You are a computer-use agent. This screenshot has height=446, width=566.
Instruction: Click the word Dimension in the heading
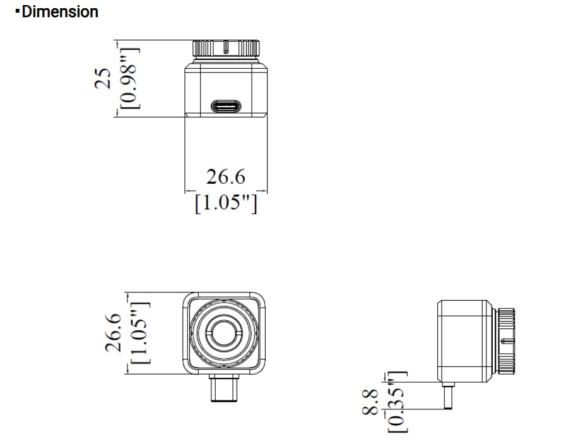tap(60, 11)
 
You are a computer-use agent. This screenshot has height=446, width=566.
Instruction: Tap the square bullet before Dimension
tap(17, 11)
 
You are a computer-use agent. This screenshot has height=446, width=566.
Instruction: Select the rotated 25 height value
tap(102, 78)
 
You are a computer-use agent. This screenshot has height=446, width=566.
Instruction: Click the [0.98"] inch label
tap(130, 78)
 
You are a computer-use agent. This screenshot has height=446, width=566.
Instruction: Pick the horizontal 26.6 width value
tap(226, 177)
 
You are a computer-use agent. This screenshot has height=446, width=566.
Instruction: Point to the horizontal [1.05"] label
tap(226, 203)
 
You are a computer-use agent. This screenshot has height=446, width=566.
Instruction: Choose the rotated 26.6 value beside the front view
tap(113, 332)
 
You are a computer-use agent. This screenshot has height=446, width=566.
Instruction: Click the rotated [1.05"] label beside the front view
tap(140, 333)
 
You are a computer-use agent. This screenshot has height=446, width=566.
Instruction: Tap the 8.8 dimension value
tap(370, 402)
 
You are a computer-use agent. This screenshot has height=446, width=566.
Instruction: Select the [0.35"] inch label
tap(398, 402)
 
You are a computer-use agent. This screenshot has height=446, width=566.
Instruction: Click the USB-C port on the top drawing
tap(226, 107)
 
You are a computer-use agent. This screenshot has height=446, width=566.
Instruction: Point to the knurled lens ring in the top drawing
tap(226, 49)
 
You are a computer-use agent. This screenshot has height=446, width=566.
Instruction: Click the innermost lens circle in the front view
tap(223, 333)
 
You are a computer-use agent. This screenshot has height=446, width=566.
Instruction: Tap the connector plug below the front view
tap(224, 388)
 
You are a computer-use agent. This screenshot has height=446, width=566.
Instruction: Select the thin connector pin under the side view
tap(448, 396)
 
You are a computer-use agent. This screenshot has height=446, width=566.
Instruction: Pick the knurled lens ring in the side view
tap(506, 341)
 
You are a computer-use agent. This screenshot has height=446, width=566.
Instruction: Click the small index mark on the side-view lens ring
tap(507, 341)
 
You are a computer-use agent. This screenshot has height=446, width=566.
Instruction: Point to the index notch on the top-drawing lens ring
tap(226, 47)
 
